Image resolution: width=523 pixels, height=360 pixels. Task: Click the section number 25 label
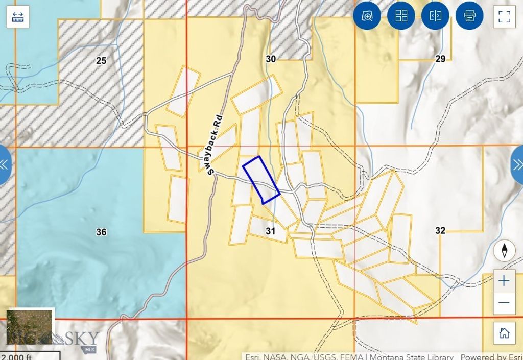(x=101, y=61)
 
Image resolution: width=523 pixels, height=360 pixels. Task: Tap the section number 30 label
(x=271, y=59)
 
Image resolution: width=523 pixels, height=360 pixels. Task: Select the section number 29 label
(x=440, y=59)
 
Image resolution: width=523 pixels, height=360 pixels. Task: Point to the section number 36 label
(x=101, y=232)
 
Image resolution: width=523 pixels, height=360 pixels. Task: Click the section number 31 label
(x=271, y=231)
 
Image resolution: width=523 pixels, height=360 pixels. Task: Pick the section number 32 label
(x=440, y=231)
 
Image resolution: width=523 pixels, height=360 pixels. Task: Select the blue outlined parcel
(x=261, y=179)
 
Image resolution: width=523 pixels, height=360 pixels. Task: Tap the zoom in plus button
(x=504, y=281)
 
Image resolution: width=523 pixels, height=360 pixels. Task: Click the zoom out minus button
(x=504, y=303)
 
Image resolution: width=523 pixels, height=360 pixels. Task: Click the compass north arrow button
(x=504, y=251)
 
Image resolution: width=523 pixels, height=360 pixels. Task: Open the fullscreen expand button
(x=504, y=16)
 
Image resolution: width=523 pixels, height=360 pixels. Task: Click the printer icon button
(x=469, y=16)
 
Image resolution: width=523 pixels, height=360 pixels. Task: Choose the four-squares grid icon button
(x=401, y=16)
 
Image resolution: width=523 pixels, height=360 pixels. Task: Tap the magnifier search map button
(x=367, y=16)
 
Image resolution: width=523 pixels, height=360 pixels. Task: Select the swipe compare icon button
(x=435, y=16)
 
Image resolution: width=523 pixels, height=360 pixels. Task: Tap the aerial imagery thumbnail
(x=30, y=327)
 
